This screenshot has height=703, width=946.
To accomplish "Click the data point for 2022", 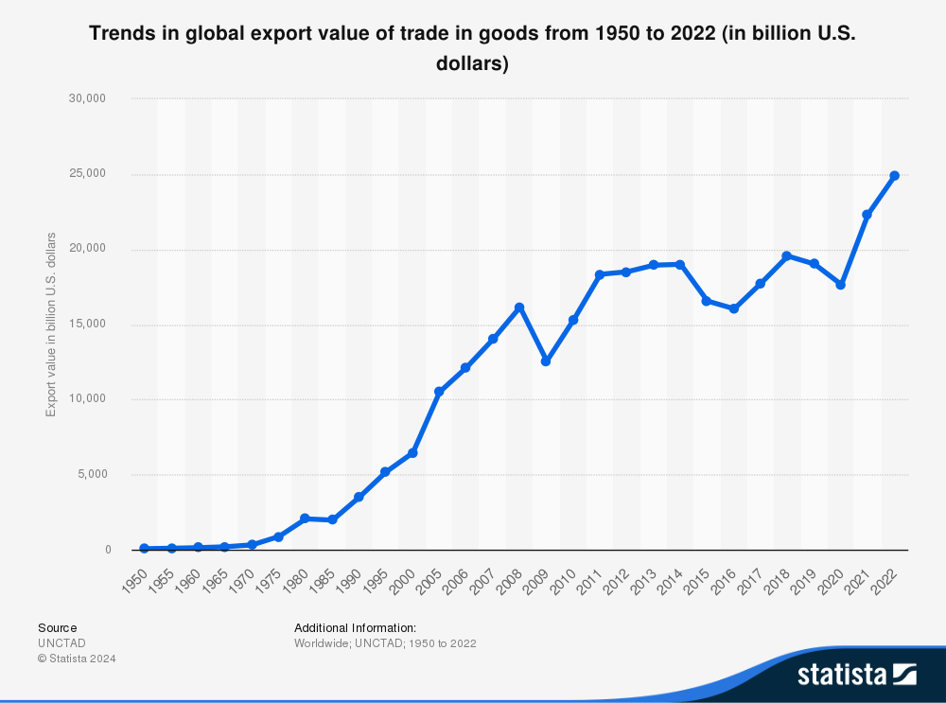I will click(894, 176).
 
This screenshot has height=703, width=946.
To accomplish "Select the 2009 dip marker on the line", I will click(546, 361).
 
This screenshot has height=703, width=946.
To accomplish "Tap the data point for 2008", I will click(519, 308).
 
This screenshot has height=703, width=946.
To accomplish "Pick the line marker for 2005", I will click(439, 392).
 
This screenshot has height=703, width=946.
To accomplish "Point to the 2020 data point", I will click(840, 285).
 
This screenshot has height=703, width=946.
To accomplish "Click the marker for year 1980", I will click(305, 518).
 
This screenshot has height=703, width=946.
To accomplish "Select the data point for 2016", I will click(733, 308).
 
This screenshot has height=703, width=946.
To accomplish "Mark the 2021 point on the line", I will click(867, 215).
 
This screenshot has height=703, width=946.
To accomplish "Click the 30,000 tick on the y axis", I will click(94, 98).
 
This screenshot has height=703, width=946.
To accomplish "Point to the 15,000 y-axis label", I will click(94, 325).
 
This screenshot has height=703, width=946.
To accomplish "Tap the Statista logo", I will click(856, 674).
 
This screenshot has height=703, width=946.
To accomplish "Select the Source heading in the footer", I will click(58, 627).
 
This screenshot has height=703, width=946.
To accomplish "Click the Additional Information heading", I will click(355, 627).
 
